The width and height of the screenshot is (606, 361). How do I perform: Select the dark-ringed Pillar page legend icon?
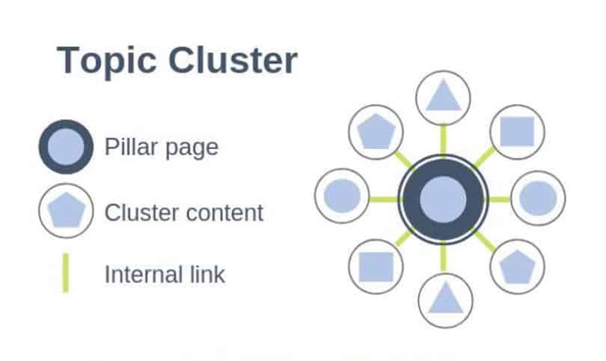tap(66, 147)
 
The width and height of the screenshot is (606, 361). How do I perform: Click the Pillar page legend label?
tap(162, 147)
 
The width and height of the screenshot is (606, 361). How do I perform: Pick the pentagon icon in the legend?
tap(66, 211)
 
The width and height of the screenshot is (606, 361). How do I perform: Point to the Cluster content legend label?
tap(184, 213)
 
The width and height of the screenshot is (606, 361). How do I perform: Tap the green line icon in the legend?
tap(66, 273)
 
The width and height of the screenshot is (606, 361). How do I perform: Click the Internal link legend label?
tap(165, 274)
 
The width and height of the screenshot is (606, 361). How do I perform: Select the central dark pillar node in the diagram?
tap(443, 198)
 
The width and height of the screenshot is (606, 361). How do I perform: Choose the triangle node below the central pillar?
tap(444, 300)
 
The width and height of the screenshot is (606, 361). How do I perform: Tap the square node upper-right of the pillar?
tap(517, 132)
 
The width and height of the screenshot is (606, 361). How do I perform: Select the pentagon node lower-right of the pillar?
tap(517, 267)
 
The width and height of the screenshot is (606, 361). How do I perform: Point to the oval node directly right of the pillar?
tap(538, 198)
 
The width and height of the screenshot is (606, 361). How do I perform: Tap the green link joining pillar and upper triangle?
tap(443, 139)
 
